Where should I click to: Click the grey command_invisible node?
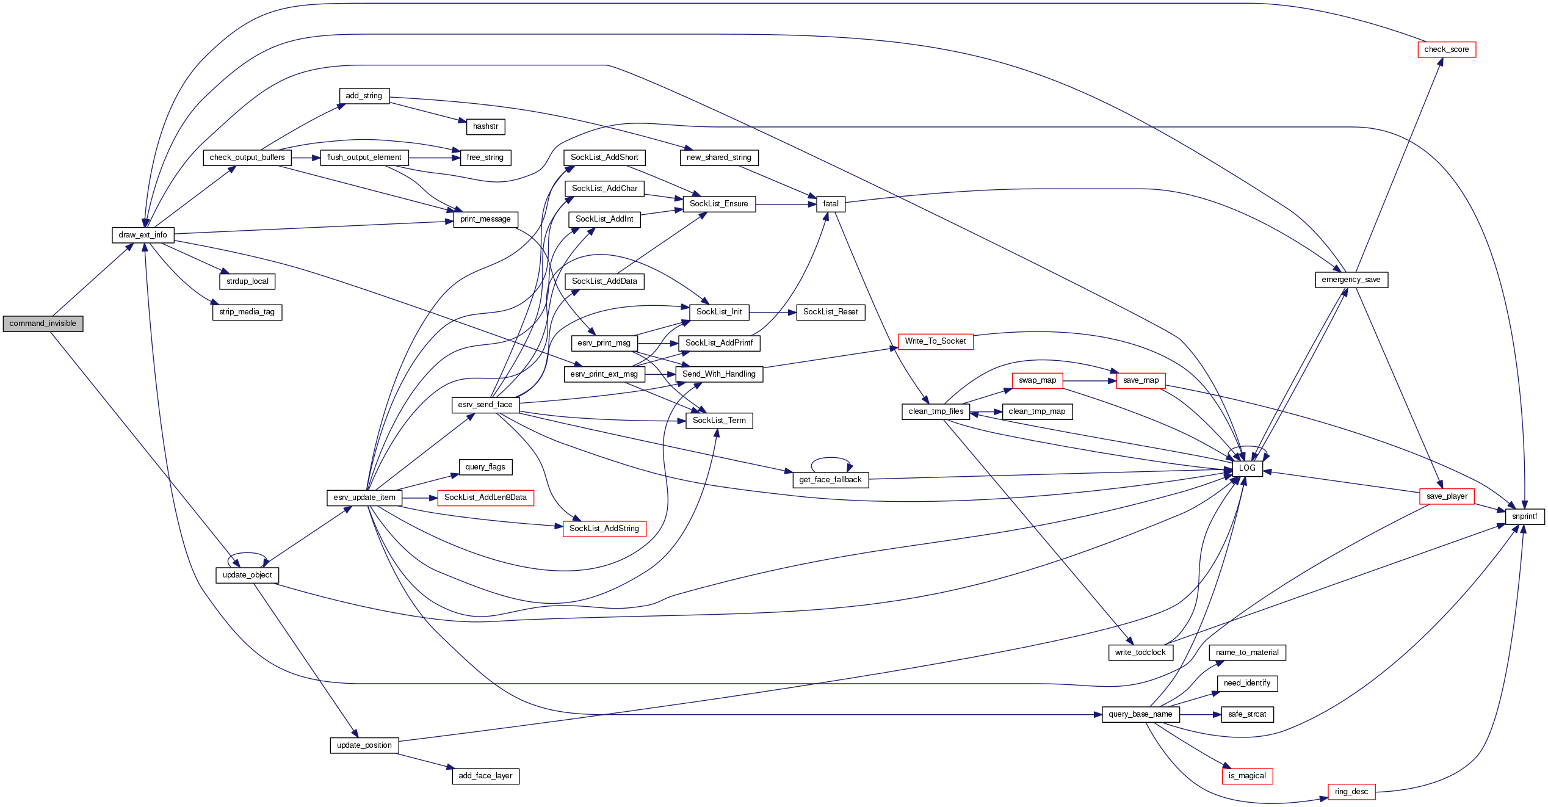coord(43,324)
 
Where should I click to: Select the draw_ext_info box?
coord(143,235)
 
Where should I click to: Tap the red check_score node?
coord(1446,49)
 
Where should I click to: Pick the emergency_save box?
coord(1351,280)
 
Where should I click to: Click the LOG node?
coord(1247,468)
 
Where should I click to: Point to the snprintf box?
coord(1524,516)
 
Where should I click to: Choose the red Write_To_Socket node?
coord(935,341)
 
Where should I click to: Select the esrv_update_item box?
coord(364,498)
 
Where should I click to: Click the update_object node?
coord(247,575)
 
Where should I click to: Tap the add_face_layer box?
coord(485,776)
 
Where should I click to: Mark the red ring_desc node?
coord(1351,792)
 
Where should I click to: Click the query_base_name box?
coord(1140,714)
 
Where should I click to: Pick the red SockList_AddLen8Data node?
coord(485,498)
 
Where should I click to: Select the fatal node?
coord(831,204)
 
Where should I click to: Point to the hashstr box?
coord(485,126)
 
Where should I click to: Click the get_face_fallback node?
coord(830,480)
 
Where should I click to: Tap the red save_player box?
coord(1447,496)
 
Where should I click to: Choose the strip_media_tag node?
coord(247,312)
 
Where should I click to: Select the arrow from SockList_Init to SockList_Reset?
coord(772,312)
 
